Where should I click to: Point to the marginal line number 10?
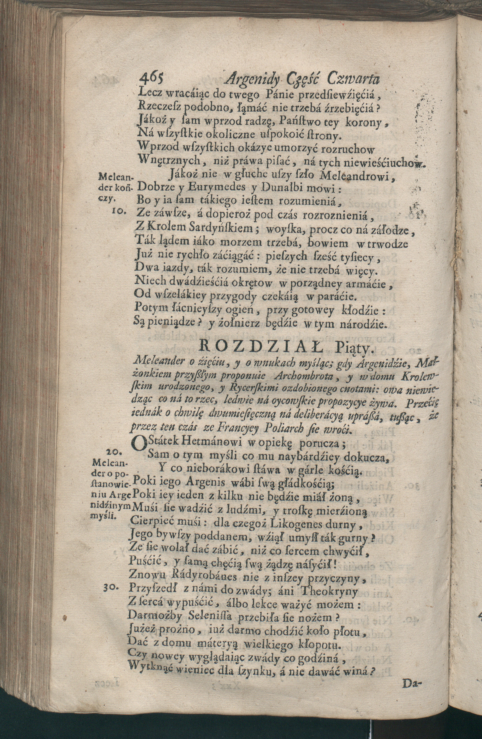(118, 212)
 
